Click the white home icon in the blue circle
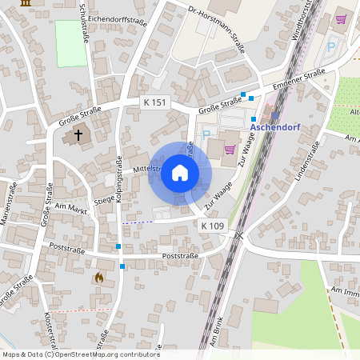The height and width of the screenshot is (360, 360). pos(180,173)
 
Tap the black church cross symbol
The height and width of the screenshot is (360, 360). pos(78,135)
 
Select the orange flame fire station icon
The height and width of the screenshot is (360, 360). pos(98,278)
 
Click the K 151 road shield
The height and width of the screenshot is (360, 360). pos(156,102)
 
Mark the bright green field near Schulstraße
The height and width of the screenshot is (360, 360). pos(70,43)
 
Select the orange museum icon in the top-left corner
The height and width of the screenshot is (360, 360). pos(26,3)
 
